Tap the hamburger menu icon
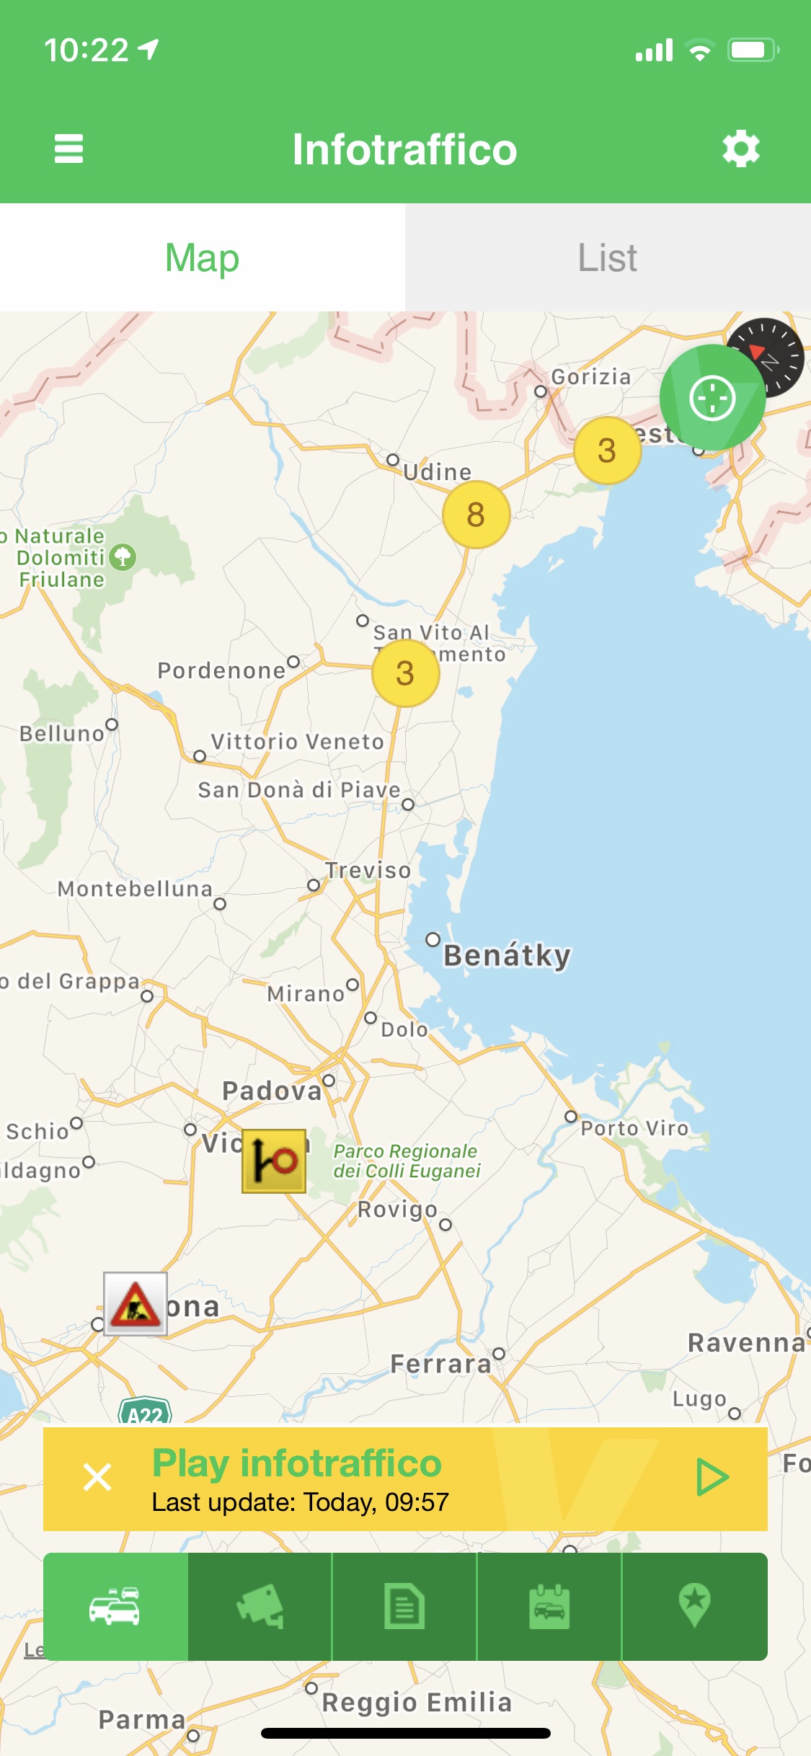pyautogui.click(x=69, y=149)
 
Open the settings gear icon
pyautogui.click(x=741, y=149)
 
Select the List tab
pyautogui.click(x=608, y=257)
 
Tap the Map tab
pyautogui.click(x=203, y=257)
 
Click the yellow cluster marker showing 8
pyautogui.click(x=476, y=515)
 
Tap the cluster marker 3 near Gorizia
pyautogui.click(x=607, y=451)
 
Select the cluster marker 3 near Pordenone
pyautogui.click(x=405, y=673)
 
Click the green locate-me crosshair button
pyautogui.click(x=712, y=398)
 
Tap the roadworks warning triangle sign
pyautogui.click(x=136, y=1303)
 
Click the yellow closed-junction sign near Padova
pyautogui.click(x=274, y=1161)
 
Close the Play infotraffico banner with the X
pyautogui.click(x=97, y=1477)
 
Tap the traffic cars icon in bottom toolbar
pyautogui.click(x=115, y=1607)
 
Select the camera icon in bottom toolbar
pyautogui.click(x=260, y=1607)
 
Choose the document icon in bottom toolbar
pyautogui.click(x=404, y=1607)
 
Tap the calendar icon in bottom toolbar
pyautogui.click(x=549, y=1607)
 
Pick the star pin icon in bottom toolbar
pyautogui.click(x=694, y=1607)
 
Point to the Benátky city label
pyautogui.click(x=507, y=955)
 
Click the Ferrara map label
pyautogui.click(x=440, y=1364)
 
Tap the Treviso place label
pyautogui.click(x=368, y=870)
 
